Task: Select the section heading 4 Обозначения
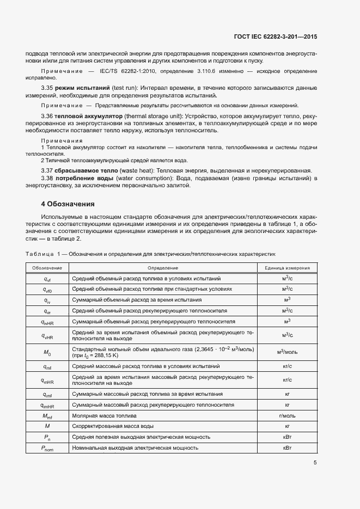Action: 68,204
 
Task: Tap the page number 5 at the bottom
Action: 315,463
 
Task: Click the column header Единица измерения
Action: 287,268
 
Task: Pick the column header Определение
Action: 162,268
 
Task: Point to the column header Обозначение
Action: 47,268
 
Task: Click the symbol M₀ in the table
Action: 47,352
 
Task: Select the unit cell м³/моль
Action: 287,352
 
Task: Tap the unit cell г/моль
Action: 287,415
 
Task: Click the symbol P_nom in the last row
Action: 47,448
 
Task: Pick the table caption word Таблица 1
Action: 44,254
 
